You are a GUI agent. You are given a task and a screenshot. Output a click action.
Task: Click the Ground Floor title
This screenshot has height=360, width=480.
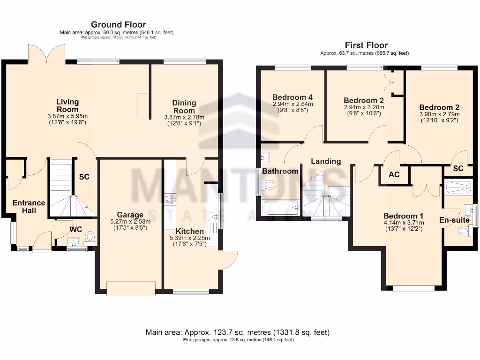click(x=118, y=24)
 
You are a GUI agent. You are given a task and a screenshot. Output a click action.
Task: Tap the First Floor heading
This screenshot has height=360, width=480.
click(x=366, y=45)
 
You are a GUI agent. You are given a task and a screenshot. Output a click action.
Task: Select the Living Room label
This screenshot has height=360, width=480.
click(x=67, y=105)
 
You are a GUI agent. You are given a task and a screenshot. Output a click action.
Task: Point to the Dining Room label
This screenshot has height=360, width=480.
click(x=184, y=106)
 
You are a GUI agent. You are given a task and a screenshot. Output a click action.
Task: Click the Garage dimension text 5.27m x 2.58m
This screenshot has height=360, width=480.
click(x=130, y=221)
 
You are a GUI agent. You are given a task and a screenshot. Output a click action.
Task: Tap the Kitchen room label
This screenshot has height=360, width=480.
click(x=190, y=231)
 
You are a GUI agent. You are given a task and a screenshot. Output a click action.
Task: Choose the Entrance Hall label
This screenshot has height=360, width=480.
click(x=29, y=207)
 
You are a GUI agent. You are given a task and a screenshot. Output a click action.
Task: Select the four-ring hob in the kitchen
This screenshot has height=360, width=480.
click(x=170, y=199)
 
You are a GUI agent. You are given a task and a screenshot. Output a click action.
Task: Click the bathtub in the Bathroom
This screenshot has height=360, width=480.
click(x=281, y=206)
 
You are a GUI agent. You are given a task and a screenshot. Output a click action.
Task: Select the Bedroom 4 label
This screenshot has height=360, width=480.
click(x=292, y=97)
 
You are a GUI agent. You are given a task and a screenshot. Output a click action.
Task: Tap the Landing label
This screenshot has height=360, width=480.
click(x=326, y=161)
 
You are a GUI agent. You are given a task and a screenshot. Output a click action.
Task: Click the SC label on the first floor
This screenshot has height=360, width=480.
click(x=458, y=168)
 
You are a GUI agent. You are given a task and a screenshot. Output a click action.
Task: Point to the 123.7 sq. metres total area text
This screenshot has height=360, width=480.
click(x=237, y=332)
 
